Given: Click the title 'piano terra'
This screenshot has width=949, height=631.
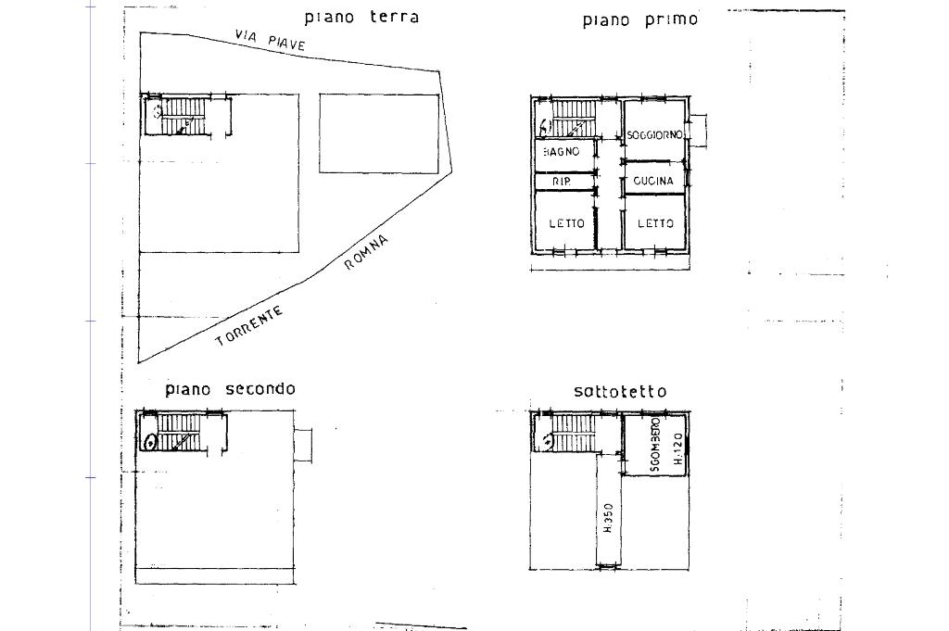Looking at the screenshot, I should (361, 17).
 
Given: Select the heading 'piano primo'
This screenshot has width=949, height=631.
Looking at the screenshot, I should (639, 19).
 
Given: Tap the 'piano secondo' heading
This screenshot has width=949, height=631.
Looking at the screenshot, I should (230, 388).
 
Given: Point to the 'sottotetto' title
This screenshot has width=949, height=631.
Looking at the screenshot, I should (619, 391).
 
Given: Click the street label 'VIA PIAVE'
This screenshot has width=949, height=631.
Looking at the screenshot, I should (271, 39).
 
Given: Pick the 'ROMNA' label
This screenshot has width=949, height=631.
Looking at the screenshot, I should (366, 252).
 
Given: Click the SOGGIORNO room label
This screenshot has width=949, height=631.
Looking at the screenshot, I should (654, 135).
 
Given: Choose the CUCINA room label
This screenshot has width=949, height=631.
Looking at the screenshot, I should (654, 181).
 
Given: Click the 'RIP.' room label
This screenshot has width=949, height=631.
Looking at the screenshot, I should (561, 182).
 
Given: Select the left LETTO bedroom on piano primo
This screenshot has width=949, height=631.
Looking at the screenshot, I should (565, 223).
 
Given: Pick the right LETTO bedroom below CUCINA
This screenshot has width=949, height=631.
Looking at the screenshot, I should (654, 223).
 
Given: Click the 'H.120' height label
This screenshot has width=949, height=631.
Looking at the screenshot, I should (677, 448).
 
